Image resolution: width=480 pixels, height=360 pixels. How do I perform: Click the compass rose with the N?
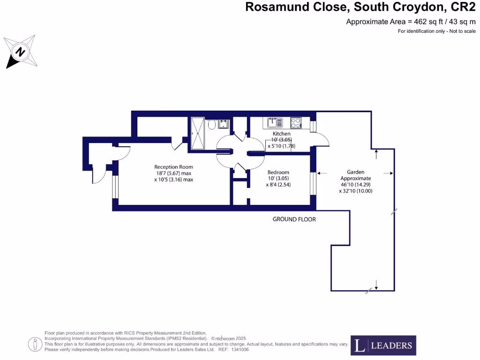click(21, 51)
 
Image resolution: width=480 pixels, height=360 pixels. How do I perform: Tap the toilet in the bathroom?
click(211, 125)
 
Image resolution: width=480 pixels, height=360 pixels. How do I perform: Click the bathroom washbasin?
click(223, 124)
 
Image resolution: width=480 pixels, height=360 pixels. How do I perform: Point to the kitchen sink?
click(275, 123)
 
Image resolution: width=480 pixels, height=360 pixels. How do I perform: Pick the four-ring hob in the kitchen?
click(296, 123)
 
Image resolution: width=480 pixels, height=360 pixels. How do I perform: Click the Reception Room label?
click(173, 167)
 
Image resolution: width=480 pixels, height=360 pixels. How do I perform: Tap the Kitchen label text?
click(281, 134)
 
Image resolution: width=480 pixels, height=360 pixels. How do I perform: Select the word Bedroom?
click(278, 172)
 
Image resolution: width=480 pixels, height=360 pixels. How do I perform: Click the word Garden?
click(355, 172)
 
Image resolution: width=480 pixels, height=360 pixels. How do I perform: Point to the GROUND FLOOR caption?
click(294, 219)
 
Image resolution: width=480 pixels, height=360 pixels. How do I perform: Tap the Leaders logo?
click(383, 345)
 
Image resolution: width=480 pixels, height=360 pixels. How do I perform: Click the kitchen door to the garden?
click(322, 138)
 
